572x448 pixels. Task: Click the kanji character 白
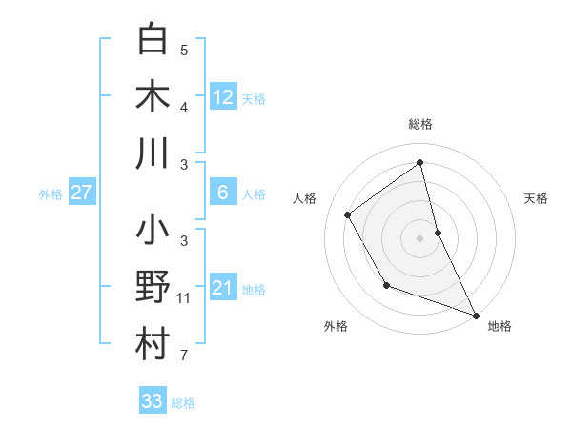(x=153, y=40)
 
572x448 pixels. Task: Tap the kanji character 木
(x=153, y=97)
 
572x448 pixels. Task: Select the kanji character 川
(x=153, y=153)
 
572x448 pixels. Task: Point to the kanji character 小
(x=153, y=232)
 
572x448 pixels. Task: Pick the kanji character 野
(x=153, y=288)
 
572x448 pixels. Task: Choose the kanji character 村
(x=153, y=345)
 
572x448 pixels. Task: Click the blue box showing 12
(x=222, y=96)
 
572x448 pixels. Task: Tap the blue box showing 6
(x=222, y=193)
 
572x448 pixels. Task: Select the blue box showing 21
(x=222, y=288)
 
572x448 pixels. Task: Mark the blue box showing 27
(x=82, y=193)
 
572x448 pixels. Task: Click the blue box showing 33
(x=153, y=401)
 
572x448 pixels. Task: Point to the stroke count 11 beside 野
(x=184, y=298)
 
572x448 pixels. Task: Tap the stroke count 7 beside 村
(x=184, y=356)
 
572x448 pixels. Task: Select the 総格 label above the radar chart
(x=419, y=124)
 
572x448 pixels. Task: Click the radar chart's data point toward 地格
(x=476, y=314)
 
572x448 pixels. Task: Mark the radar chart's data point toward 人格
(x=347, y=214)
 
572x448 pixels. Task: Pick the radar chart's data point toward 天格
(x=438, y=232)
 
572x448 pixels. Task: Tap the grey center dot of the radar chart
(x=419, y=237)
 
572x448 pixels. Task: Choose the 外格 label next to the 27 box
(x=51, y=194)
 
